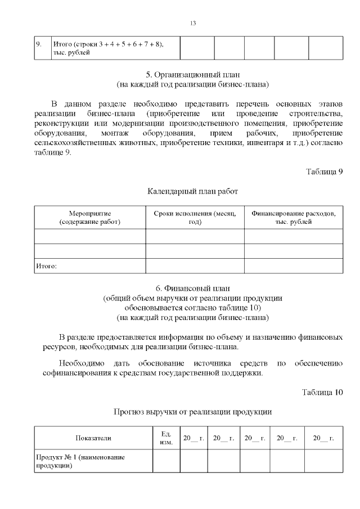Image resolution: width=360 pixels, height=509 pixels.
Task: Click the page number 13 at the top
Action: (193, 23)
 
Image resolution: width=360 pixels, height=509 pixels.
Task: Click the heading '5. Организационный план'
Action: (192, 74)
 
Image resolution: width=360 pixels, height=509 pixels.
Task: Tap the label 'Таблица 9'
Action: (324, 172)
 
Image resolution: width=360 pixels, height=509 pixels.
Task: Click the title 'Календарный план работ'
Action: (192, 191)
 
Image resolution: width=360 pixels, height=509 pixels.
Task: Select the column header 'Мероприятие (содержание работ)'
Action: (90, 218)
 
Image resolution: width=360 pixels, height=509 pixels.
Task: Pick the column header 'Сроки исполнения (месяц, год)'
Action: (195, 218)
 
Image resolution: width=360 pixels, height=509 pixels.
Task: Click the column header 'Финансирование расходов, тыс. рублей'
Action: (293, 218)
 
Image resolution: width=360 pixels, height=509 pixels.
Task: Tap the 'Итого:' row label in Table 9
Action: (47, 265)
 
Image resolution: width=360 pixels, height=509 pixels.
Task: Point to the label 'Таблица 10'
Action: (322, 391)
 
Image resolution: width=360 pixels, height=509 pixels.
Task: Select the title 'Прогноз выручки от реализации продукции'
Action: (192, 412)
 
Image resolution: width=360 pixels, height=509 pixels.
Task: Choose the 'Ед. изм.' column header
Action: (165, 438)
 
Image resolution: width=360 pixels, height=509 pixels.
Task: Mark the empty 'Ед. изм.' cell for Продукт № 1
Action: (165, 461)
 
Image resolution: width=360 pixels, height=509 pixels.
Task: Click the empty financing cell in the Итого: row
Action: (293, 265)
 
